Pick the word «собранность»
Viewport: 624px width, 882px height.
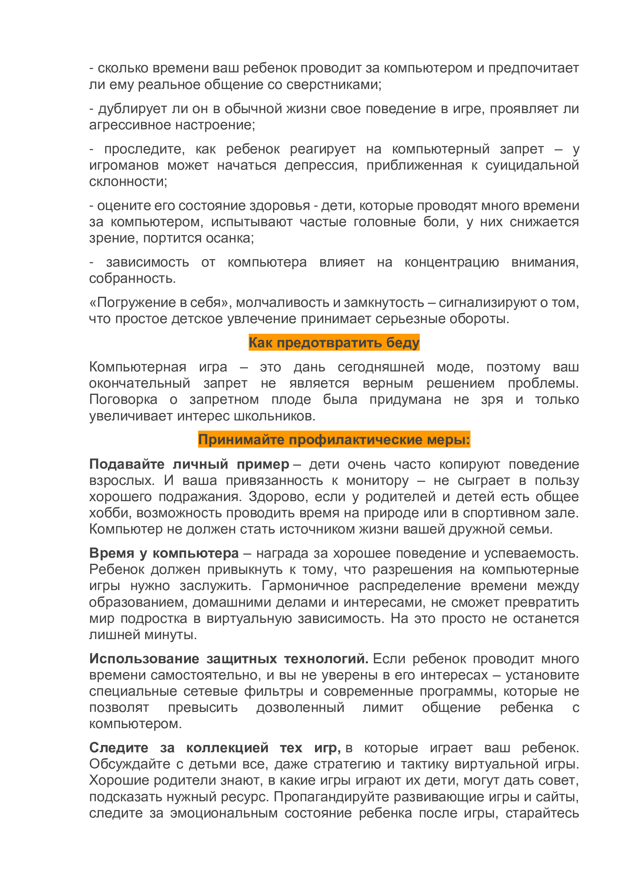click(132, 278)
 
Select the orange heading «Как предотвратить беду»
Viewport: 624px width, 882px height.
click(334, 342)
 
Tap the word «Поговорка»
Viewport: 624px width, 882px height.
click(123, 399)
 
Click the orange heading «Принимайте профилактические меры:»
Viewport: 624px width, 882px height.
click(334, 439)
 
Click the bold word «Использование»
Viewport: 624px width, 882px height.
click(144, 658)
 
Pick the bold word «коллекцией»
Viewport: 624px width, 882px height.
click(227, 747)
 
